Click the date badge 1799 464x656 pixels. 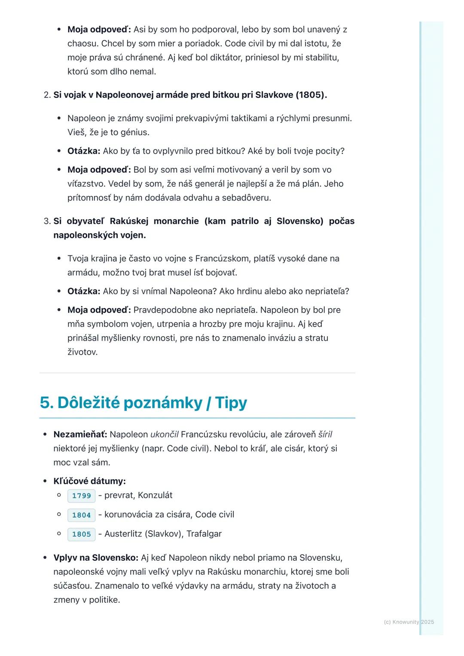pos(81,496)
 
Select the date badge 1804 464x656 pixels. pos(81,515)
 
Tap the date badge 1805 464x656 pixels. pos(81,535)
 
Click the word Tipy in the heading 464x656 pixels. pos(231,403)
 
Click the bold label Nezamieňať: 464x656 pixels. pos(80,434)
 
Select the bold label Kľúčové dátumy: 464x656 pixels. pos(89,481)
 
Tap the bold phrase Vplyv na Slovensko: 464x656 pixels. pos(96,558)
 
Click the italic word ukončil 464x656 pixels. pos(164,434)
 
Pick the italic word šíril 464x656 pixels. pos(325,434)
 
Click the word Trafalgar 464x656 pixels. pos(204,534)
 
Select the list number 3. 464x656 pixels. pos(47,221)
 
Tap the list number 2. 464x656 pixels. pos(47,95)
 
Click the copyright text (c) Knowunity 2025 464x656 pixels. pos(409,622)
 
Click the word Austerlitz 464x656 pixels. pos(123,534)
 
